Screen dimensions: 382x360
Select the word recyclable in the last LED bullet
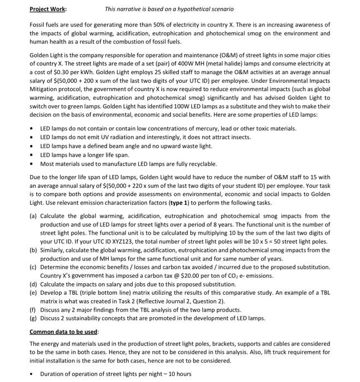(202, 164)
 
